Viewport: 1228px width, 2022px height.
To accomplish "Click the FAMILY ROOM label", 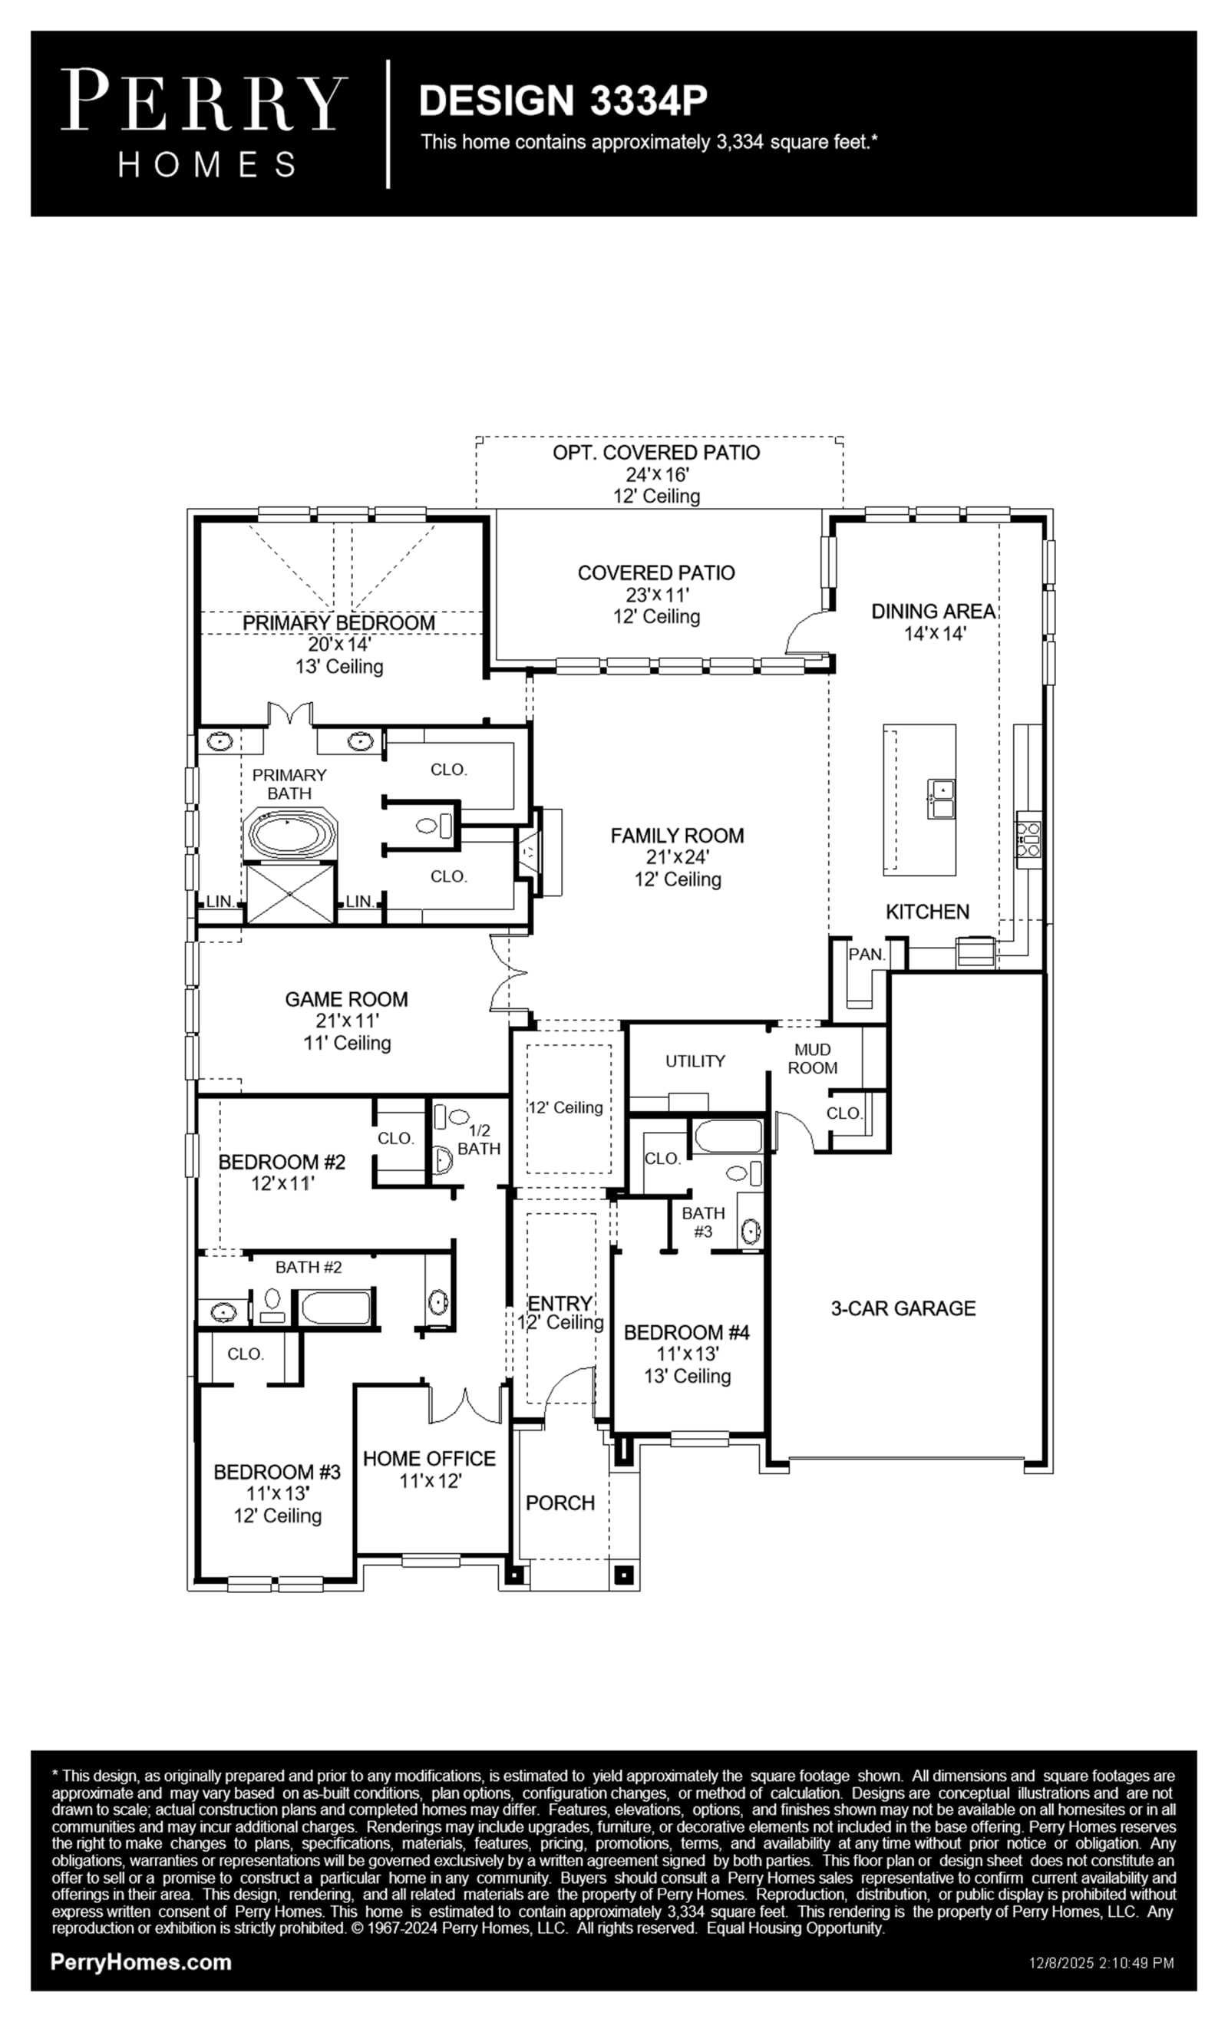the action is [x=677, y=836].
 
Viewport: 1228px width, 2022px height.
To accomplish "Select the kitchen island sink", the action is [x=942, y=800].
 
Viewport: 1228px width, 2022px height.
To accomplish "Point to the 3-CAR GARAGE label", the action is [x=903, y=1308].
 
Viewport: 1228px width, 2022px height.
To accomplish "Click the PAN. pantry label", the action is [x=867, y=955].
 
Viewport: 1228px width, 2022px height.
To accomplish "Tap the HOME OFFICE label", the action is [x=429, y=1458].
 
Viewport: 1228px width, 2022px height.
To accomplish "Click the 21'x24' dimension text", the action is [x=677, y=858].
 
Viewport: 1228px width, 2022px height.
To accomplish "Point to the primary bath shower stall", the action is [x=291, y=894].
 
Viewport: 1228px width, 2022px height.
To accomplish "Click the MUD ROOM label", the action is [x=813, y=1059].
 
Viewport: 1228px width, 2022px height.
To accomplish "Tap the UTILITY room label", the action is [x=695, y=1061].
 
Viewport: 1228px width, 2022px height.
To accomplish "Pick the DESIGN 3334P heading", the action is [x=563, y=100].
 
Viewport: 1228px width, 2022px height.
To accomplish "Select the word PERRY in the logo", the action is [x=203, y=100].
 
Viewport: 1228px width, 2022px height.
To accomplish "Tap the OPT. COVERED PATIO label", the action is [x=656, y=452].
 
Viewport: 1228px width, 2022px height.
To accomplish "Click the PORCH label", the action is [x=560, y=1502].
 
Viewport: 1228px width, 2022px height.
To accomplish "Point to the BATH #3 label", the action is [x=704, y=1222].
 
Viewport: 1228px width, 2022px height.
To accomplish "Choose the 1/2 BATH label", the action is [x=479, y=1140].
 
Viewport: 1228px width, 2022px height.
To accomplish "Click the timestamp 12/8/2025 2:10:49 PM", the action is [x=1101, y=1964].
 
